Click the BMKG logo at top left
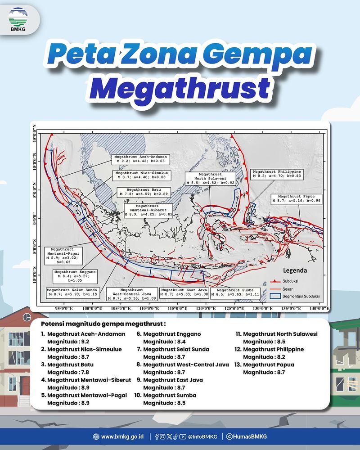coord(18,19)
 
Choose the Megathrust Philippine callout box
coord(277,175)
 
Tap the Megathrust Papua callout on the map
coord(295,200)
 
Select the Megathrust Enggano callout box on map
coord(75,275)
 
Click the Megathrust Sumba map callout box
coord(237,292)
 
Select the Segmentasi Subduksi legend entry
coord(300,297)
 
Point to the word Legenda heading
coord(295,271)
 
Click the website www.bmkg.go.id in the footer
coord(118,436)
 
